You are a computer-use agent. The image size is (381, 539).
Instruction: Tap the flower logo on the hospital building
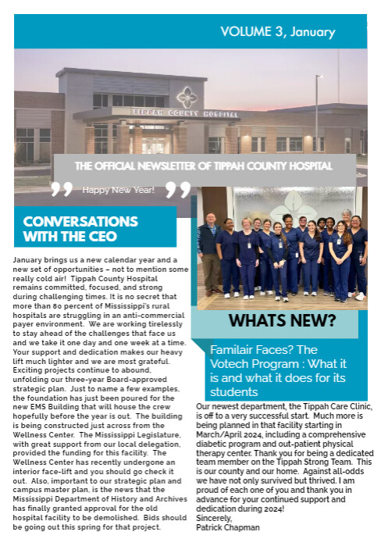(x=187, y=97)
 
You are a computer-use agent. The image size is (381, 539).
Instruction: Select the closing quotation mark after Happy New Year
(x=178, y=190)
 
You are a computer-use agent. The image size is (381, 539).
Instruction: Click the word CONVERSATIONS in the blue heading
(x=80, y=221)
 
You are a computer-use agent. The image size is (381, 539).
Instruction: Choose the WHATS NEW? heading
(x=283, y=320)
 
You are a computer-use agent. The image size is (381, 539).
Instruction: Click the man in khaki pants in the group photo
(x=208, y=252)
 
